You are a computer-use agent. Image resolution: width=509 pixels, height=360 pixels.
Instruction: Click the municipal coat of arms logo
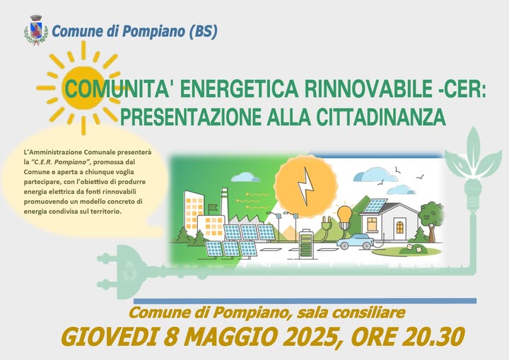[x=36, y=30]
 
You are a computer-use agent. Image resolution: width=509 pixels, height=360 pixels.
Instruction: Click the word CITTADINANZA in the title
[x=381, y=117]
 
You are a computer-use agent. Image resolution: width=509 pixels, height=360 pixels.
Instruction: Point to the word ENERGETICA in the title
[x=239, y=88]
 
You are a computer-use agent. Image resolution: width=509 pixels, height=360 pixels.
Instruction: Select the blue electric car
[x=355, y=240]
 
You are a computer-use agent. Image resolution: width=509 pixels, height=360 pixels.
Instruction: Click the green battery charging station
[x=306, y=244]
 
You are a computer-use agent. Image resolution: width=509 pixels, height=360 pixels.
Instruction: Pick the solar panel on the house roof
[x=375, y=205]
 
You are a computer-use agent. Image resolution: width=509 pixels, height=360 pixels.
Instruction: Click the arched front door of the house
[x=400, y=227]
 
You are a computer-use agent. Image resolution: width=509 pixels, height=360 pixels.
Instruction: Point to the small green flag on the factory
[x=212, y=207]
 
